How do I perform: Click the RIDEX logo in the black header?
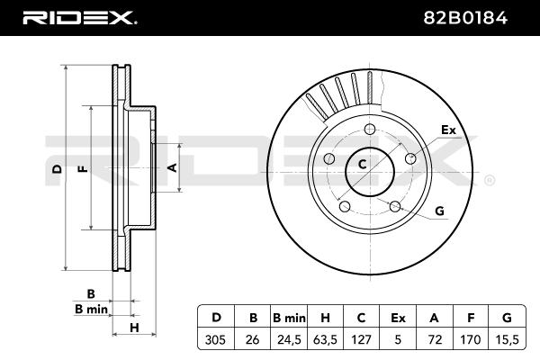(x=80, y=18)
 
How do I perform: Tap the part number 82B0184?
(x=465, y=18)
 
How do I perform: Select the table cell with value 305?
(x=215, y=339)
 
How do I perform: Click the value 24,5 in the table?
(x=289, y=339)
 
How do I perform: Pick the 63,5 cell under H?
(x=326, y=339)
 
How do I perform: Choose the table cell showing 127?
(x=362, y=339)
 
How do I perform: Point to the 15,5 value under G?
(x=507, y=339)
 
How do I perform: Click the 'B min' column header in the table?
(x=289, y=318)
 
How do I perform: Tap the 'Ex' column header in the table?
(x=398, y=318)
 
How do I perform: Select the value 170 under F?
(x=471, y=339)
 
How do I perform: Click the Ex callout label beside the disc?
(x=448, y=130)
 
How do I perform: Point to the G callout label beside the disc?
(x=440, y=211)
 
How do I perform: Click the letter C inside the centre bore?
(x=362, y=165)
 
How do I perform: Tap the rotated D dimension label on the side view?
(x=58, y=169)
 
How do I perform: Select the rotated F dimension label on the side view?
(x=83, y=169)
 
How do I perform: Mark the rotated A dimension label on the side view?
(x=172, y=167)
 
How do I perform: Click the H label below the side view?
(x=134, y=328)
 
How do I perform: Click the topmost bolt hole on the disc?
(x=370, y=130)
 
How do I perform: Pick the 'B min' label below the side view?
(x=91, y=309)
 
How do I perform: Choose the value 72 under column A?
(x=435, y=339)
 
